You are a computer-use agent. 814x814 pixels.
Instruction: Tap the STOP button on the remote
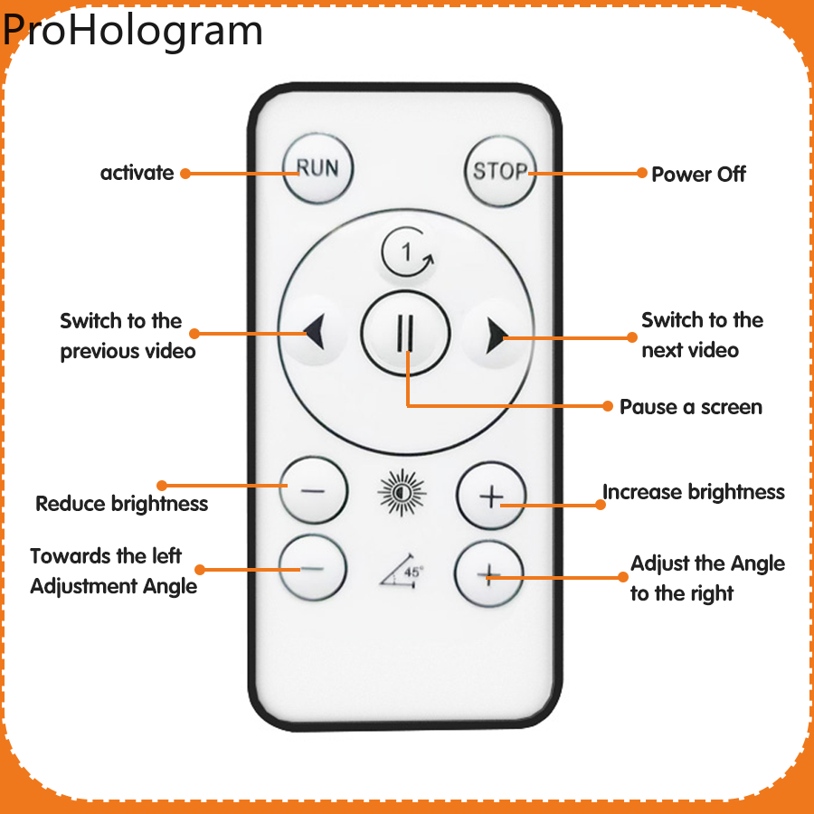coord(499,170)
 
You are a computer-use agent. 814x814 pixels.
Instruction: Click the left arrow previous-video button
coord(313,334)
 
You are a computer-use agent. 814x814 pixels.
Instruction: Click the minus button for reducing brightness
coord(313,490)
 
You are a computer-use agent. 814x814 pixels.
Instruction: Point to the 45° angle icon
coord(402,573)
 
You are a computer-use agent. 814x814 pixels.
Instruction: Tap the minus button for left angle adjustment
coord(312,569)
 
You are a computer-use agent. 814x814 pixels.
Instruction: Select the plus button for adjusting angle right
coord(488,574)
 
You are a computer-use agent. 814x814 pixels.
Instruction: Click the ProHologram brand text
coord(133,29)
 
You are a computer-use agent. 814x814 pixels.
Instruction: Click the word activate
coord(137,173)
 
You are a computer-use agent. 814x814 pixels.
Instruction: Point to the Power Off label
coord(698,174)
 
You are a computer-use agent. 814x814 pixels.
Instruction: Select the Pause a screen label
coord(691,407)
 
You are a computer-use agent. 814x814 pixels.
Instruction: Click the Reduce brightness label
coord(121,504)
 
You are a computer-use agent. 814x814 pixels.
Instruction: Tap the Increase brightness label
coord(694,492)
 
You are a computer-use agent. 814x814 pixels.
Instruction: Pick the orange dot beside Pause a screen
coord(609,406)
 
